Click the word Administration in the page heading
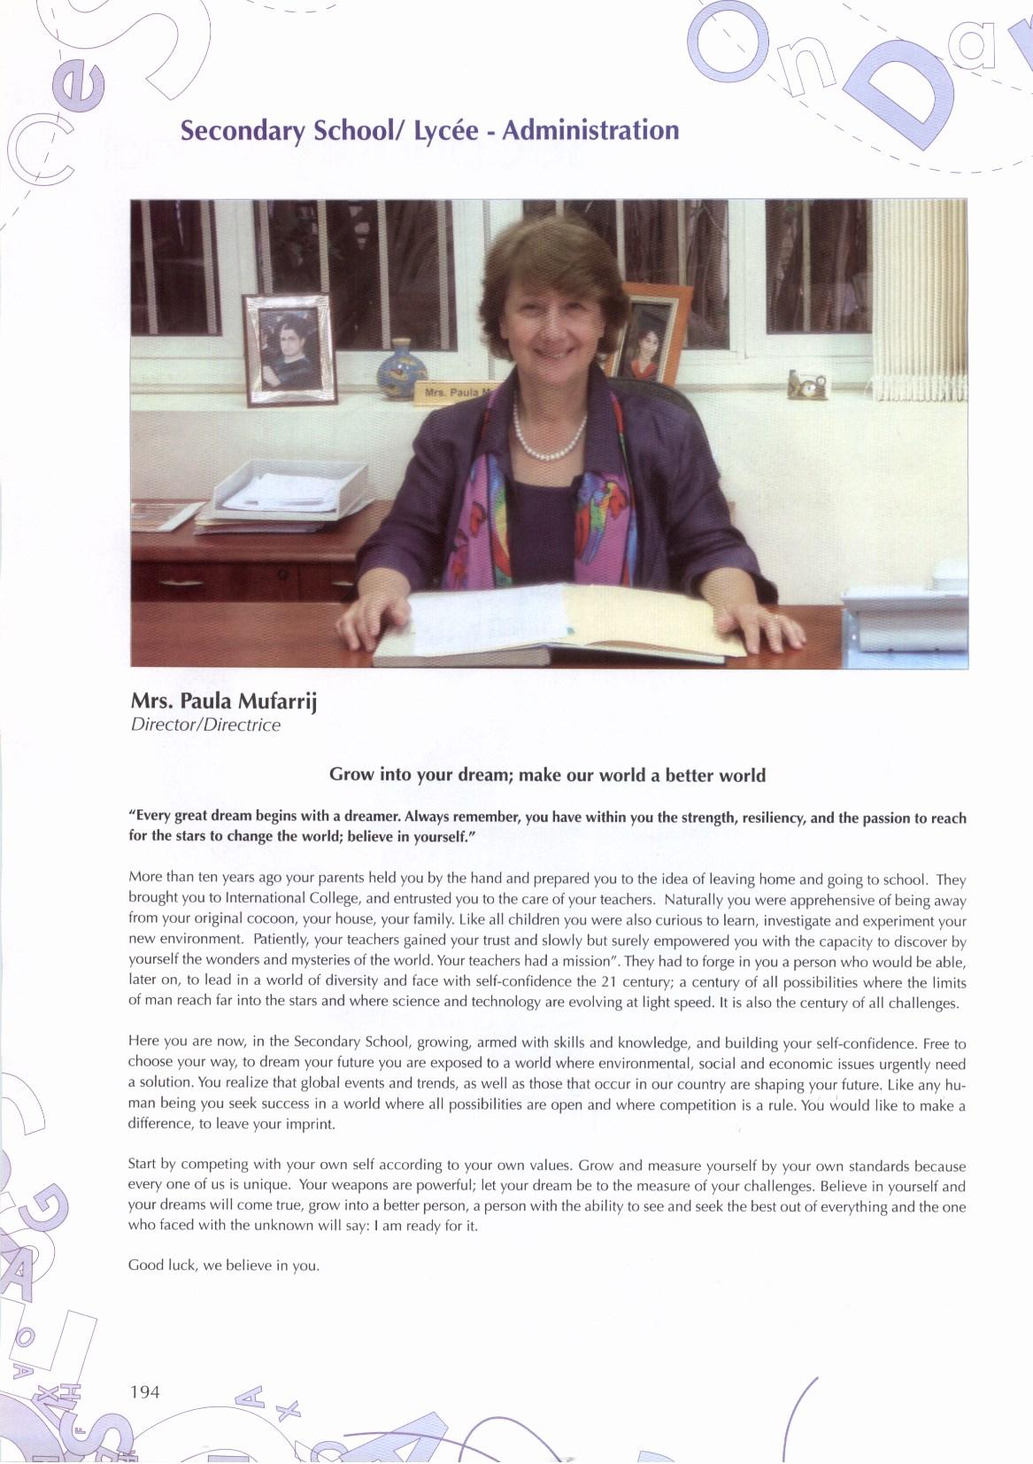[590, 130]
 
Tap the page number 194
[144, 1391]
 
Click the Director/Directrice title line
[204, 724]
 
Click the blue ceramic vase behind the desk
[401, 373]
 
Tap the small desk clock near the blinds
[808, 385]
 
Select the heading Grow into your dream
[547, 775]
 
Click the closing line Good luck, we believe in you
[223, 1265]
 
